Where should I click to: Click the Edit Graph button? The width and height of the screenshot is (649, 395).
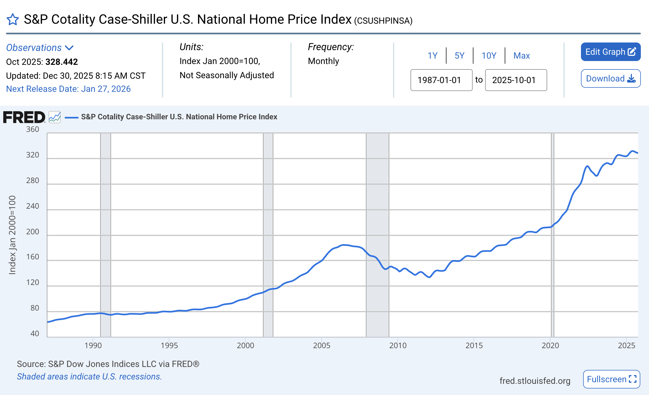(x=610, y=52)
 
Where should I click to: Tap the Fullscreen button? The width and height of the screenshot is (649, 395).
(x=611, y=379)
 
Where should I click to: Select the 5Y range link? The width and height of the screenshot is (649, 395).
(x=459, y=56)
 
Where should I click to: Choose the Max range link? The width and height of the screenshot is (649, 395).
(x=521, y=56)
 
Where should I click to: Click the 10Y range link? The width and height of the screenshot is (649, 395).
(x=489, y=56)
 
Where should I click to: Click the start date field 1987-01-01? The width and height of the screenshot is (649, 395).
(x=441, y=80)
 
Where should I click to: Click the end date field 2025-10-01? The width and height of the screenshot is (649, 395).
(x=516, y=80)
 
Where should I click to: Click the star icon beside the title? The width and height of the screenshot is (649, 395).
(x=13, y=20)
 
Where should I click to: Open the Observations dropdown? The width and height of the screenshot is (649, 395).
(x=40, y=48)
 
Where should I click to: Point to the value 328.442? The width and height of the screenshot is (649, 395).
(x=62, y=62)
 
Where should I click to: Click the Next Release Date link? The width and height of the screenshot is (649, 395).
(x=68, y=89)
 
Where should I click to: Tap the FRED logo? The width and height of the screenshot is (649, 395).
(x=24, y=117)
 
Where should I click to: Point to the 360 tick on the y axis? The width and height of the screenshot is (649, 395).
(x=32, y=129)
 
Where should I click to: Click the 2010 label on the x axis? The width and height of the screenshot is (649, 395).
(x=398, y=345)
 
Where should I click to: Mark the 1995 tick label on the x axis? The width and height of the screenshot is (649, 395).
(x=169, y=345)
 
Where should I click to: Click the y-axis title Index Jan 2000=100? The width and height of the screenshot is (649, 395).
(x=12, y=235)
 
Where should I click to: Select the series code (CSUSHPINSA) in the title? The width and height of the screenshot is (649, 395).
(x=383, y=21)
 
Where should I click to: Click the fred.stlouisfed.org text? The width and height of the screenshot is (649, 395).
(x=535, y=381)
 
